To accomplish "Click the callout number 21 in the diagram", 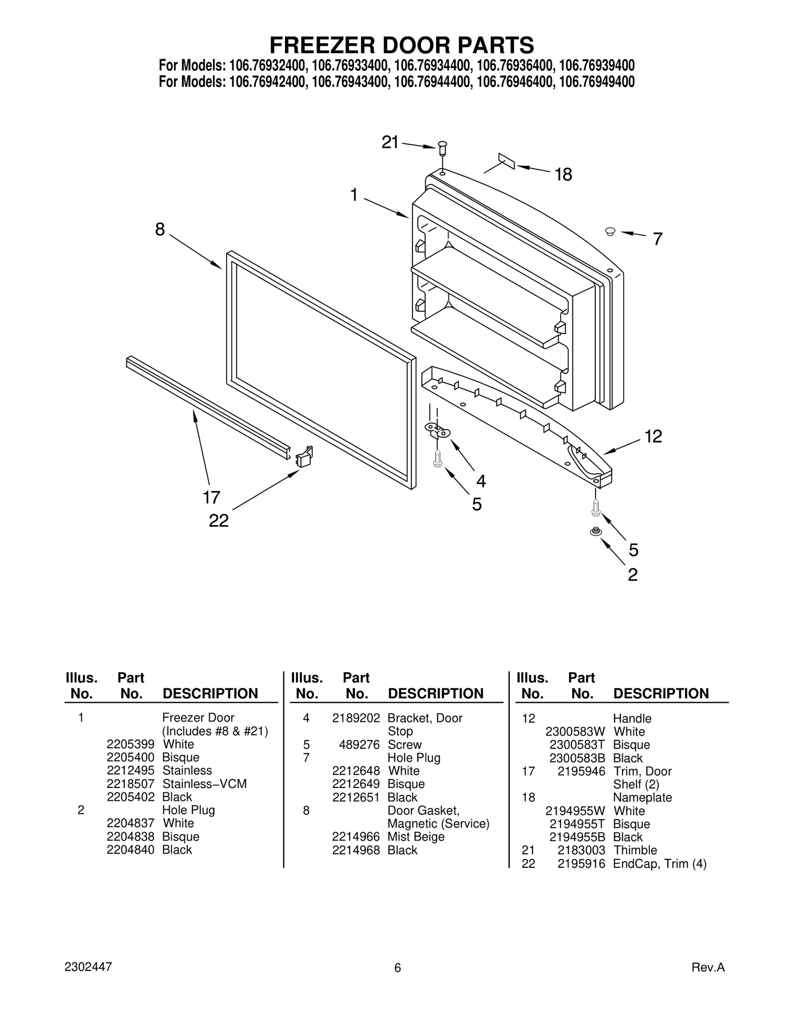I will (390, 143).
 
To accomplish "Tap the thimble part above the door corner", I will (443, 147).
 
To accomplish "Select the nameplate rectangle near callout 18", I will (507, 161).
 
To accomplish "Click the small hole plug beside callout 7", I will (610, 231).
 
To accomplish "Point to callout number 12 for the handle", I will (653, 436).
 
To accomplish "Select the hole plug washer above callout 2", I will (595, 532).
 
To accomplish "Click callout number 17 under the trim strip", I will (212, 497).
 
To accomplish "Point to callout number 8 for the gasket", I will (160, 230).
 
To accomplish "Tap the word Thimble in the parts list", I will (635, 850).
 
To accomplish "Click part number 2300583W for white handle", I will (575, 731).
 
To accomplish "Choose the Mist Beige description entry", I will (416, 837).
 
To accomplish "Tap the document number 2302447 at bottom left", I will (88, 967).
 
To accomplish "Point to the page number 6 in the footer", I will (397, 968).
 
